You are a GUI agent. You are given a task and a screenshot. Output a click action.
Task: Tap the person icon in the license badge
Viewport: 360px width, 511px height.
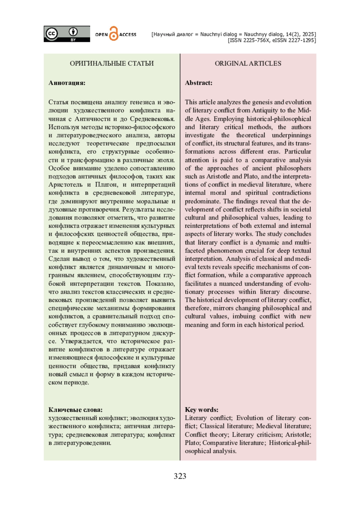click(73, 32)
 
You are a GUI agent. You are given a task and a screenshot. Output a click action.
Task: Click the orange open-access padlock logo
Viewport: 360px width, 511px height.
click(113, 34)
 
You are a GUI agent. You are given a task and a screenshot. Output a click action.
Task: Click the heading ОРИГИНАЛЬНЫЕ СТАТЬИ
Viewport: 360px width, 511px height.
click(112, 63)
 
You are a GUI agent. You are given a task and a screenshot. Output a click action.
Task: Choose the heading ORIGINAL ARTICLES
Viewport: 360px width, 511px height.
click(248, 63)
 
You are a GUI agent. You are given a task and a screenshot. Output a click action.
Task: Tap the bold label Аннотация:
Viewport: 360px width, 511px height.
click(67, 83)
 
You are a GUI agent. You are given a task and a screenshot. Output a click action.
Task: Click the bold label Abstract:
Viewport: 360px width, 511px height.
click(199, 83)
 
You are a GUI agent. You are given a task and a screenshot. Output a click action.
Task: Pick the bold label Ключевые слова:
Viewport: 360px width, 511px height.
click(75, 410)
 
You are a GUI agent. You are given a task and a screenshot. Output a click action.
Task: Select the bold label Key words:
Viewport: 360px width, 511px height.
click(202, 410)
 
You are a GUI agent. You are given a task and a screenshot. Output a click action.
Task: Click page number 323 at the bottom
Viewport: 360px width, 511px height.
click(180, 476)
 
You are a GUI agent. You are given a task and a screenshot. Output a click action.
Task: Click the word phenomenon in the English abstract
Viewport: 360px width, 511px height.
click(231, 251)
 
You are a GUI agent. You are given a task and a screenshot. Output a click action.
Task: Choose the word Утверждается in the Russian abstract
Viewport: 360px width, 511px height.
click(80, 341)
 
